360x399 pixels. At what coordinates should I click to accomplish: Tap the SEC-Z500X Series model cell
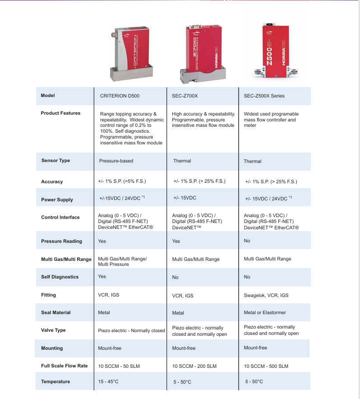[264, 96]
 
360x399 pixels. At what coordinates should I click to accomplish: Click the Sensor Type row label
[55, 161]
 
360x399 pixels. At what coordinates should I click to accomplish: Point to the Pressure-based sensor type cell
[116, 161]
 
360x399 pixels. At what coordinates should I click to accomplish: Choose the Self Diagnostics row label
[60, 277]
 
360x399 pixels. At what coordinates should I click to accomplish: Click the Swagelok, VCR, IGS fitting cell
[266, 295]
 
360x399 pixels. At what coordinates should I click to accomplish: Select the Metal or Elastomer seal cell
[265, 312]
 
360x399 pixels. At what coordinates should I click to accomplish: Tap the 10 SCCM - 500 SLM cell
[266, 366]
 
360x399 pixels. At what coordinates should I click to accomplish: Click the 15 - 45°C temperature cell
[108, 382]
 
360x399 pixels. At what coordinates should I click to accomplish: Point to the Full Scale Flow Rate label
[64, 366]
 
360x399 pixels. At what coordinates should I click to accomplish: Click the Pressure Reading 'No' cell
[247, 241]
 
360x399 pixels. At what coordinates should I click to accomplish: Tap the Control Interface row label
[60, 217]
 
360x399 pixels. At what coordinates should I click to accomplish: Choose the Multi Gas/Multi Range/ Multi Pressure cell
[122, 261]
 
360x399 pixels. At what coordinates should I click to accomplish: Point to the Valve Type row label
[53, 330]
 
